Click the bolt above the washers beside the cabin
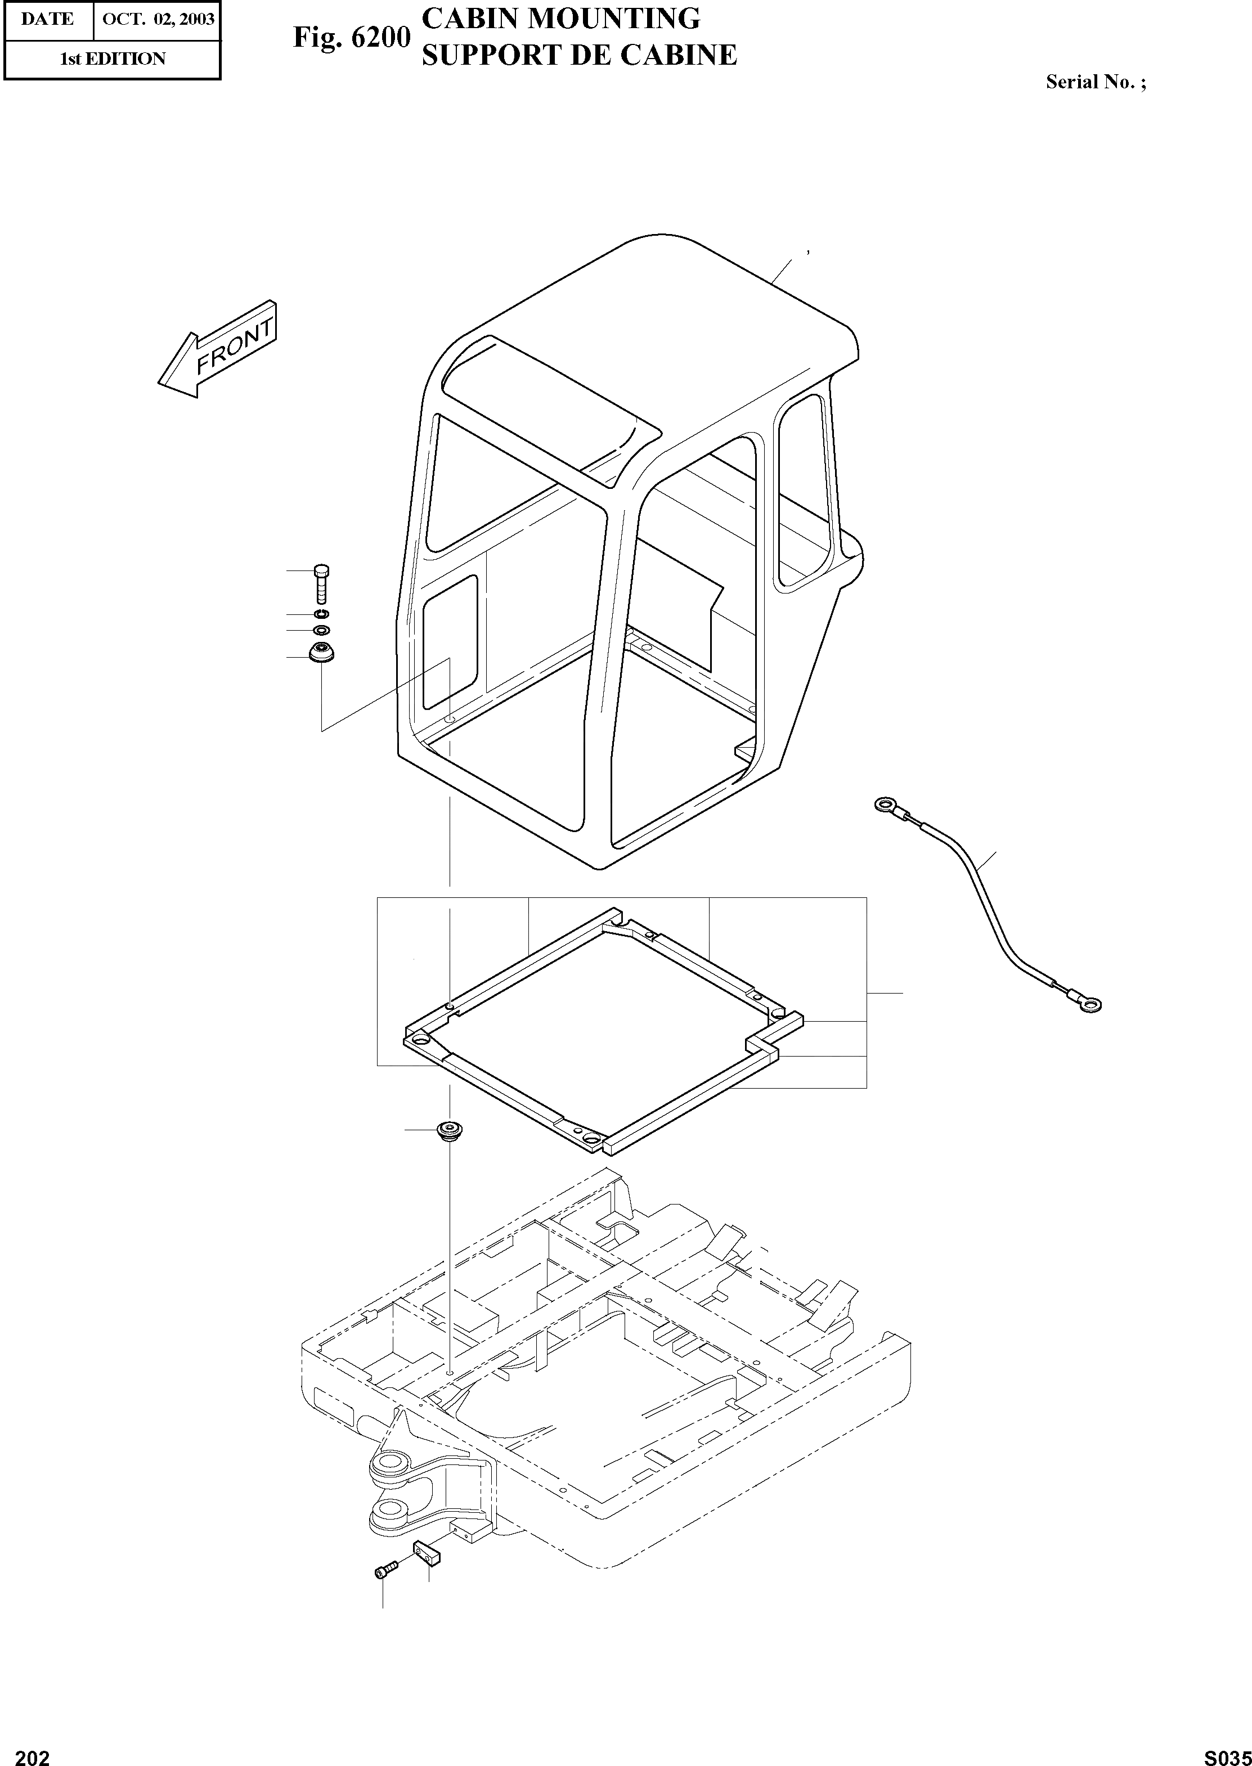tap(321, 583)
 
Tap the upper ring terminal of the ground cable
tap(883, 806)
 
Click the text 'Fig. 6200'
tap(351, 38)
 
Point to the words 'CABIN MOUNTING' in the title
tap(561, 19)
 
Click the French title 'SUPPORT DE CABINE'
tap(579, 55)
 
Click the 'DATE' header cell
tap(47, 19)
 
